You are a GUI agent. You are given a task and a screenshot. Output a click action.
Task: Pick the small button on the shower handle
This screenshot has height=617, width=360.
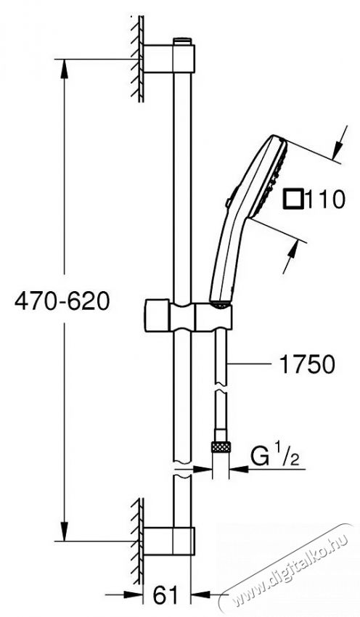[229, 205]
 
